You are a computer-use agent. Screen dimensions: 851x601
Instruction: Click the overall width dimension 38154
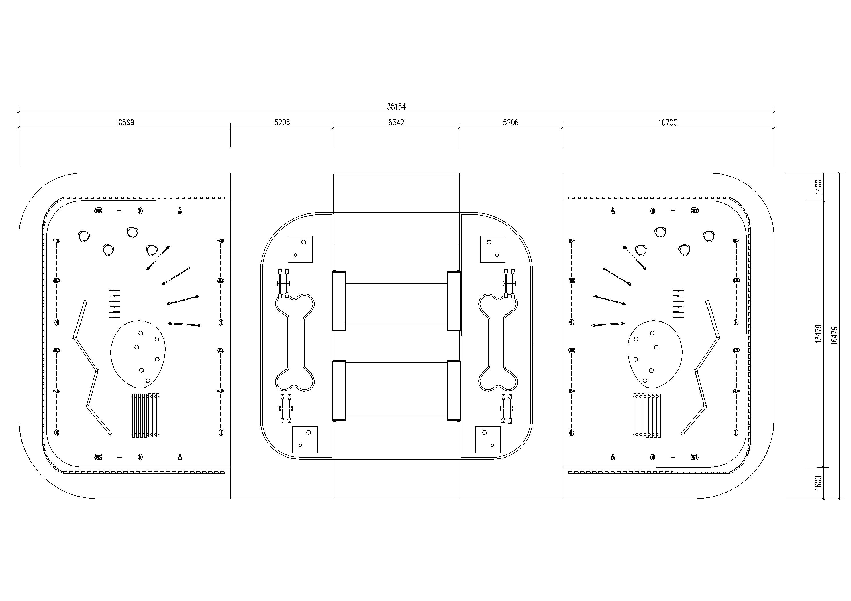click(396, 107)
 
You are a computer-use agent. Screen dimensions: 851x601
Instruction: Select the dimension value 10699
click(125, 122)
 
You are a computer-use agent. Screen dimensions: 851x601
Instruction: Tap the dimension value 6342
click(396, 122)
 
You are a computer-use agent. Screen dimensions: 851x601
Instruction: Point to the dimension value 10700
click(668, 122)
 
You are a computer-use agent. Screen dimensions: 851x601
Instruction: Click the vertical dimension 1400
click(819, 187)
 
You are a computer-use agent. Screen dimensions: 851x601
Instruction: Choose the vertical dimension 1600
click(819, 483)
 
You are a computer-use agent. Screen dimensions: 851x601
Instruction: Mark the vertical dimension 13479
click(819, 334)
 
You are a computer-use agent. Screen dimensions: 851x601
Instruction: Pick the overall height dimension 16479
click(834, 336)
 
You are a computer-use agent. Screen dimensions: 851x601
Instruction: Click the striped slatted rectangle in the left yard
click(146, 415)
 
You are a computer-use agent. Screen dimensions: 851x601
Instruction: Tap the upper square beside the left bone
click(300, 249)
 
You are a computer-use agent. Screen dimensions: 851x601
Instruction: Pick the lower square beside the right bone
click(488, 440)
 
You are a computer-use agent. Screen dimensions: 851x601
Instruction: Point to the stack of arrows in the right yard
click(678, 304)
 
